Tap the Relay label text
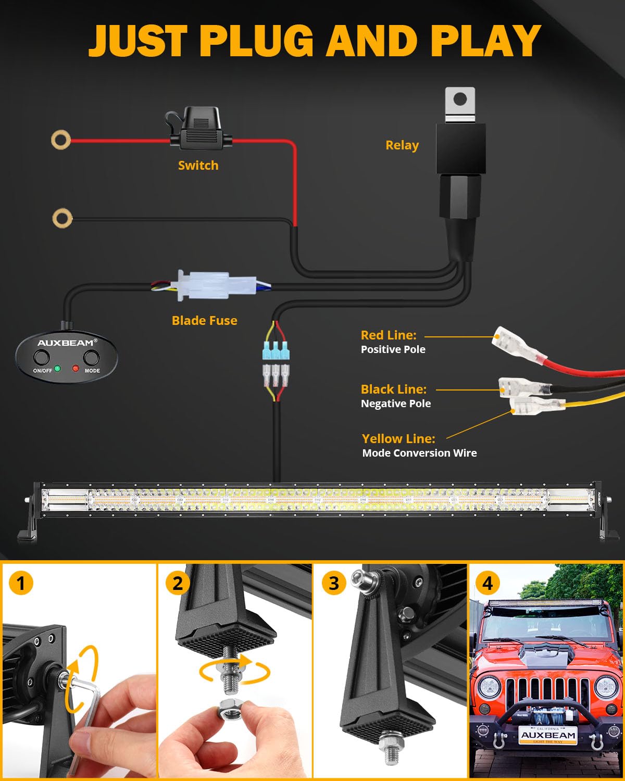(402, 145)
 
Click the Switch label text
(198, 166)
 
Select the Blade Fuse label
(204, 321)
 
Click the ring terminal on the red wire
(61, 140)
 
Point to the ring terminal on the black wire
(63, 218)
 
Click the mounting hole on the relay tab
(460, 99)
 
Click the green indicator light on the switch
(57, 369)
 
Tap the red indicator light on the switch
(76, 369)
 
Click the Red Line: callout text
(389, 335)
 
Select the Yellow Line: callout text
(398, 439)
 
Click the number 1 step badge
(21, 583)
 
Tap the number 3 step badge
(333, 583)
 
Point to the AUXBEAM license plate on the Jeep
(548, 735)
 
